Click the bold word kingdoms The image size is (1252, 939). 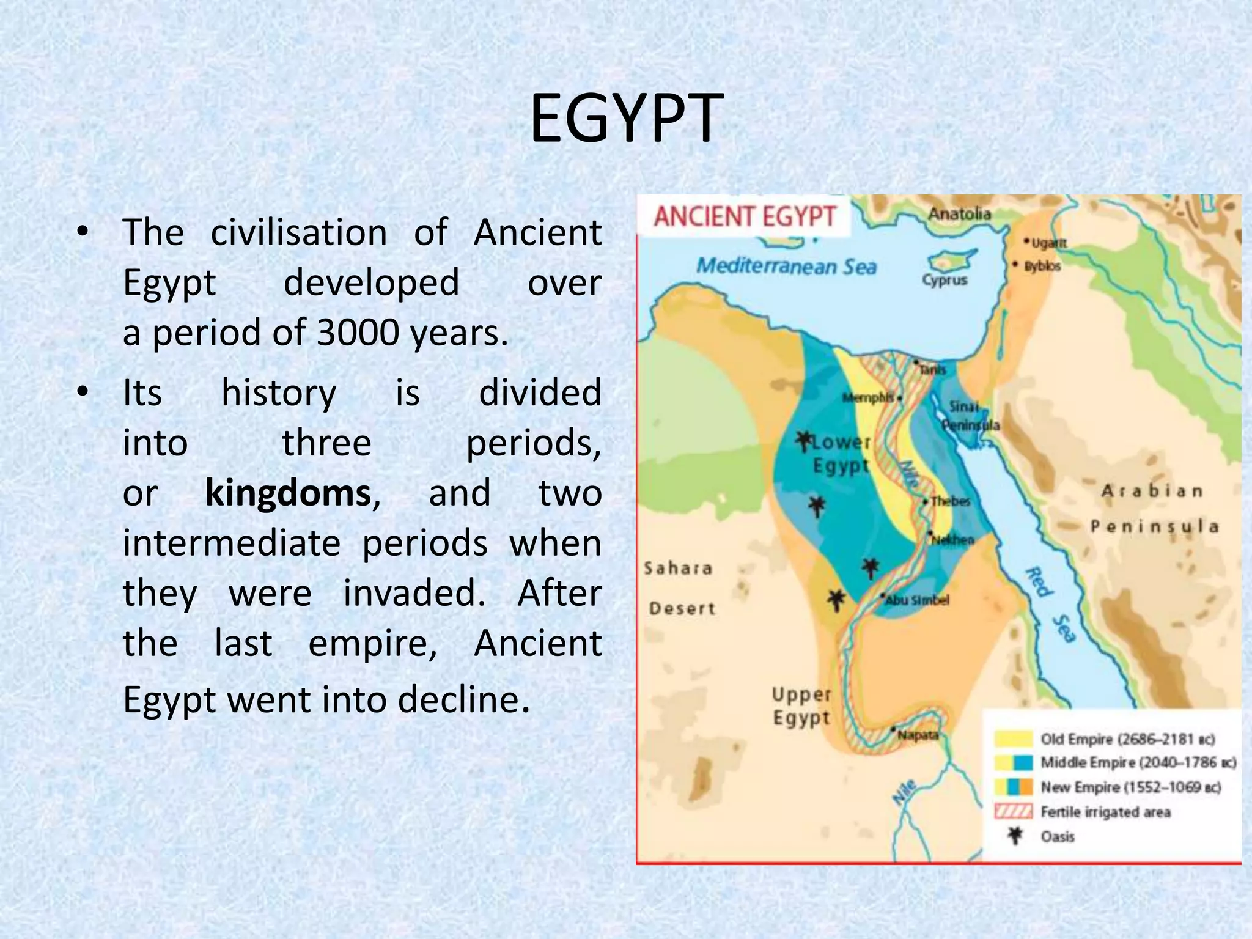click(x=288, y=493)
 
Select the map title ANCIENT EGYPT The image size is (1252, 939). click(x=744, y=216)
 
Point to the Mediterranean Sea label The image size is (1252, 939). click(x=786, y=267)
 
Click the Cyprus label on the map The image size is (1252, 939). click(x=945, y=280)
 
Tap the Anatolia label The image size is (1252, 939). click(x=959, y=213)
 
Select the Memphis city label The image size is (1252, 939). click(x=868, y=398)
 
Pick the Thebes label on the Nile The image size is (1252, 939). click(x=951, y=501)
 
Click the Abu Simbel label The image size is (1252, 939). click(x=917, y=600)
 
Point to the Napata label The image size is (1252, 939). click(x=918, y=735)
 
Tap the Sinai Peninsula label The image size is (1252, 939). click(x=970, y=416)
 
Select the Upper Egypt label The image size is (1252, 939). click(x=801, y=706)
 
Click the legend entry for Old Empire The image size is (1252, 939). click(x=1127, y=739)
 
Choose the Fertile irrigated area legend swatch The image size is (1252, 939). click(x=1013, y=812)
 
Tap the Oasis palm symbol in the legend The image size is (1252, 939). click(x=1015, y=836)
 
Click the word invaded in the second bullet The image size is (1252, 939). click(x=414, y=594)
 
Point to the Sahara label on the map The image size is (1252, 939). click(x=678, y=569)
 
